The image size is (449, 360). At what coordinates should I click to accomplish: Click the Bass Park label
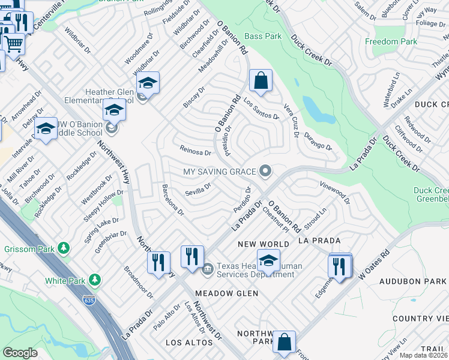pyautogui.click(x=263, y=37)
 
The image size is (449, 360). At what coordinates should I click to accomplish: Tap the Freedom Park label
pyautogui.click(x=391, y=42)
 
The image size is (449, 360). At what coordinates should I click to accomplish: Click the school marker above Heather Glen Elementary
pyautogui.click(x=147, y=82)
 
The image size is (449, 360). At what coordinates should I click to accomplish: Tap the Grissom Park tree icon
pyautogui.click(x=62, y=248)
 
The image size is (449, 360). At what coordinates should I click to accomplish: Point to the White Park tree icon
pyautogui.click(x=94, y=280)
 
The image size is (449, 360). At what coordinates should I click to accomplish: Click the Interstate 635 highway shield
pyautogui.click(x=89, y=301)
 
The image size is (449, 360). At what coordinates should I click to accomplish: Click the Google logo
pyautogui.click(x=20, y=352)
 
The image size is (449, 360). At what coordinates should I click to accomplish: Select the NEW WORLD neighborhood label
pyautogui.click(x=264, y=244)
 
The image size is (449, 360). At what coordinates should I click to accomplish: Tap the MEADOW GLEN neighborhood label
pyautogui.click(x=226, y=293)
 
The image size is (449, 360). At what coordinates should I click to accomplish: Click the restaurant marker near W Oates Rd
pyautogui.click(x=340, y=265)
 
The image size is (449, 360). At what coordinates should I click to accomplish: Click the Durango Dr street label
pyautogui.click(x=318, y=142)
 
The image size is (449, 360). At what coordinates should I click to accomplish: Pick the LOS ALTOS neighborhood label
pyautogui.click(x=189, y=342)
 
